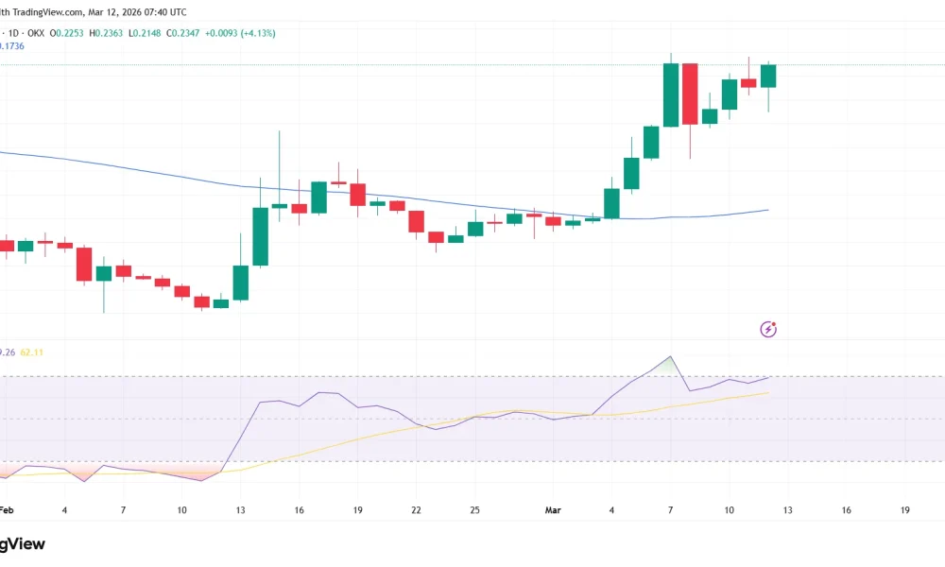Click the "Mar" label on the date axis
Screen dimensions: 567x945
(554, 510)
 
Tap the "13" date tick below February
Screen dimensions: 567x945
(240, 510)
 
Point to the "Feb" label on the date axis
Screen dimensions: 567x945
(7, 510)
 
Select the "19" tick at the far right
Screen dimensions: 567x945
(904, 510)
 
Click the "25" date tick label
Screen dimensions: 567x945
(474, 510)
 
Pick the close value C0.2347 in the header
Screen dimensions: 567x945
(186, 33)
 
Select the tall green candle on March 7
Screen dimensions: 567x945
(671, 94)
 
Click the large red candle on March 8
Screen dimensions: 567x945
(690, 94)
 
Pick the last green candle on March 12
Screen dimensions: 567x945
(768, 76)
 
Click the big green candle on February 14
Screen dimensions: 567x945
(260, 236)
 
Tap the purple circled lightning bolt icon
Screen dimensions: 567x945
(769, 329)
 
